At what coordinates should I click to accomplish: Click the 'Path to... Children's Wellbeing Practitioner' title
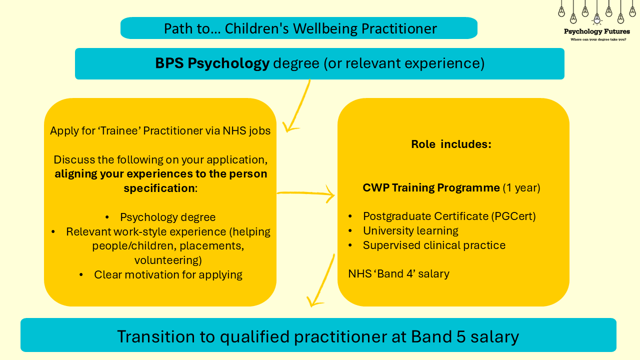[300, 28]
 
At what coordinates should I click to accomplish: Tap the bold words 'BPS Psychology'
[212, 63]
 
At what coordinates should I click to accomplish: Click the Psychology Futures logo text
[596, 31]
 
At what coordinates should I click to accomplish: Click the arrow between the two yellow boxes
[305, 193]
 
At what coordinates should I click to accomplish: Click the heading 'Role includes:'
[451, 144]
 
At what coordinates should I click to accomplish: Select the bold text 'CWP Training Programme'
[431, 187]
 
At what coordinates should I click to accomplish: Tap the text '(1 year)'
[521, 188]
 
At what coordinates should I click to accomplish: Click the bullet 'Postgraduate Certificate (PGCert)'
[449, 216]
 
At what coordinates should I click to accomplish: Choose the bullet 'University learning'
[410, 231]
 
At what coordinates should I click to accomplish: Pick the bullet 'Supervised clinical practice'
[434, 245]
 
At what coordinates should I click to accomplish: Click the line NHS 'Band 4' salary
[398, 273]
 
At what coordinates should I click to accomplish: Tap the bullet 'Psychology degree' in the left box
[167, 217]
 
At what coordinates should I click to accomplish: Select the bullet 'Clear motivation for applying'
[168, 275]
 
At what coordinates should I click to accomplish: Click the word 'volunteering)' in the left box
[168, 260]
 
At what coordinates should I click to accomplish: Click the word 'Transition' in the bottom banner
[156, 336]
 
